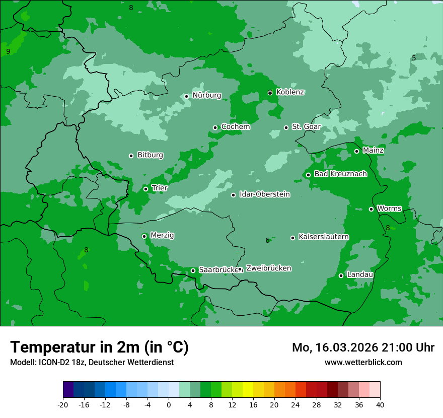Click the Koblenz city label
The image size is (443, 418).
pos(290,92)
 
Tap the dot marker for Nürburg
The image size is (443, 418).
pos(186,96)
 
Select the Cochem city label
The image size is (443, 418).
pos(236,127)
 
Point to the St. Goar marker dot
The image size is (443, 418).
pos(286,127)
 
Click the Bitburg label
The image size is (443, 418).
pos(150,155)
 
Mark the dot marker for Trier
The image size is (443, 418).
pos(145,189)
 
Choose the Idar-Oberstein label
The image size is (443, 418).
pos(264,194)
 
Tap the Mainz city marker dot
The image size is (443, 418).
pos(356,151)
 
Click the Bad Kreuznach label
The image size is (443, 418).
pos(340,174)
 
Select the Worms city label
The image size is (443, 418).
pos(389,208)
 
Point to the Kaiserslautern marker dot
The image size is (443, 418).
pos(292,238)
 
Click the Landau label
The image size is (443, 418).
pos(360,274)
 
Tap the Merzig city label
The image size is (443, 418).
pos(162,235)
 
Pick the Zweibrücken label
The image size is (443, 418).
pos(268,268)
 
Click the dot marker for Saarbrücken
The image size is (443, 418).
pos(193,270)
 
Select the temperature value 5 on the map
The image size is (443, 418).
pos(414,58)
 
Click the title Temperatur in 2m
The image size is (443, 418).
pos(99,347)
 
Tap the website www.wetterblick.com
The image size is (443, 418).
pos(363,362)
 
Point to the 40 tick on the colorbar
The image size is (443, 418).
pos(380,404)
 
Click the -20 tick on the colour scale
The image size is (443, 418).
pos(63,404)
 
